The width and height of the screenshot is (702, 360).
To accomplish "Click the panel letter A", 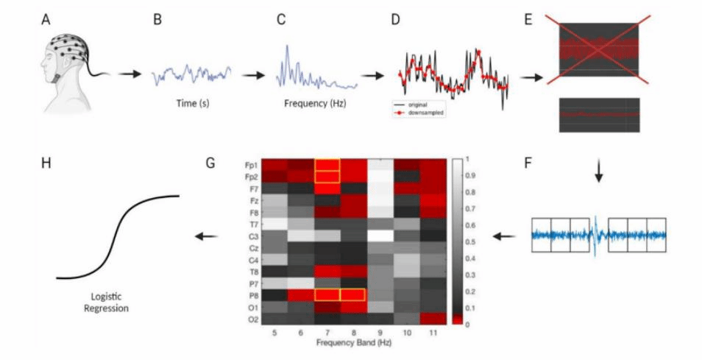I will [46, 20].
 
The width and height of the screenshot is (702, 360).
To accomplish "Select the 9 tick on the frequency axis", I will [380, 333].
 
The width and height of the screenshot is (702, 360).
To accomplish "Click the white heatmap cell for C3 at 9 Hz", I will [380, 236].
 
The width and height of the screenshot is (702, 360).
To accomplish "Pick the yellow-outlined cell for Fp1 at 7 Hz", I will [327, 165].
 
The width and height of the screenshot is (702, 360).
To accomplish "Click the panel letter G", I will [211, 162].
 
